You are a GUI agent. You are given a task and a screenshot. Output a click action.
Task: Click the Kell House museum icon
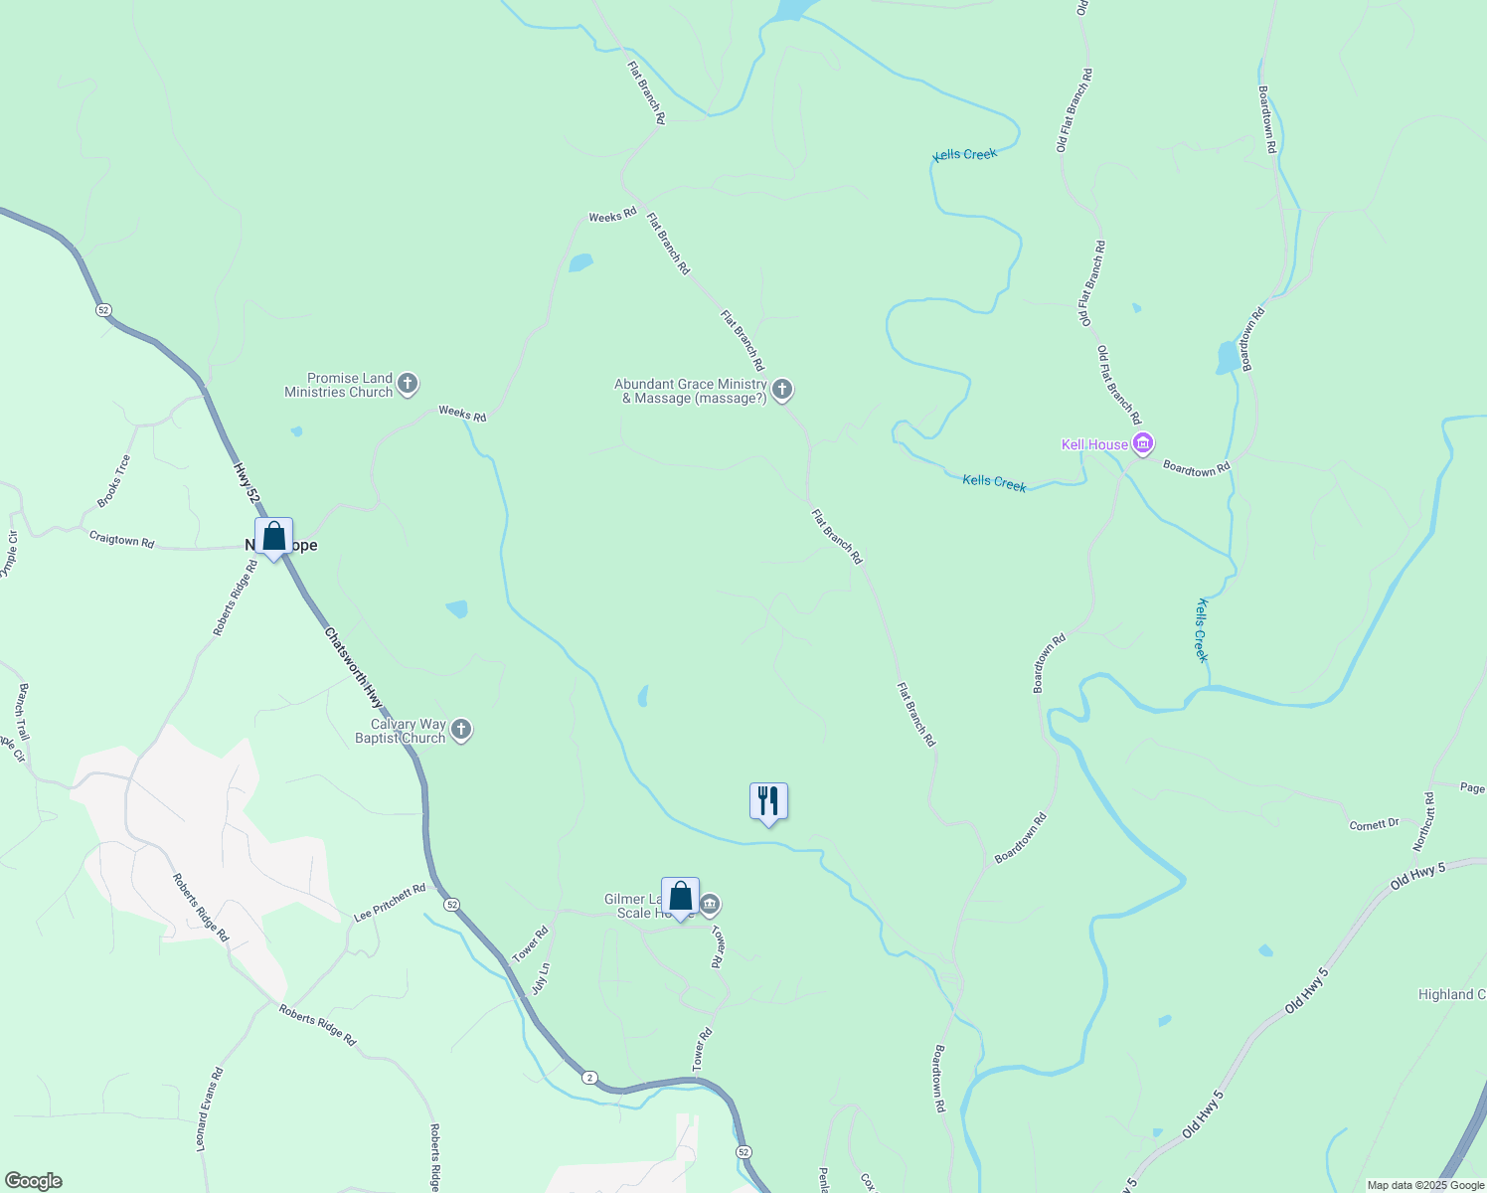1143,443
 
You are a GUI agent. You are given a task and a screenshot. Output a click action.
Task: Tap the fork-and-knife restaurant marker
768,801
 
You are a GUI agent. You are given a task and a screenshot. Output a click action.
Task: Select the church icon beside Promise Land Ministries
407,384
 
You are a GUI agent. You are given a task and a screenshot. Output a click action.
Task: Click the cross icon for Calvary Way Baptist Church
460,730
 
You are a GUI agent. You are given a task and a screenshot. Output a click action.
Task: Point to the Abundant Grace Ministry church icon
782,390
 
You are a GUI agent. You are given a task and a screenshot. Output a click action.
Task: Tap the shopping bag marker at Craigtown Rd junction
273,537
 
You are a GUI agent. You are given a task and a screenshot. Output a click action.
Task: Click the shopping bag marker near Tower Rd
681,897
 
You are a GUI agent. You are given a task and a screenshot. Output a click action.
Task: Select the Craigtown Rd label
121,540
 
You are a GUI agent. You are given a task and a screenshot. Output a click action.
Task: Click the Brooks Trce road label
113,480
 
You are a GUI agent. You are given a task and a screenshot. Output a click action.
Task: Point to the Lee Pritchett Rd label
390,903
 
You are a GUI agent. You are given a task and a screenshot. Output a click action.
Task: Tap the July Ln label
540,978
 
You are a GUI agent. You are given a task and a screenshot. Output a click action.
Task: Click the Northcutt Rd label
1424,821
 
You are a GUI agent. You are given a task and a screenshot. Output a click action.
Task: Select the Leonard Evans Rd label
209,1108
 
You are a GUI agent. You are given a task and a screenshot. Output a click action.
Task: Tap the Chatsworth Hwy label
353,667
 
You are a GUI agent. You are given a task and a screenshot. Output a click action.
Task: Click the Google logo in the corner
33,1181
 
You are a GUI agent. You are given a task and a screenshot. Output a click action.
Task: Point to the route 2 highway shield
589,1078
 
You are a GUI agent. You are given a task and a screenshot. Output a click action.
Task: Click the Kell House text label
1094,444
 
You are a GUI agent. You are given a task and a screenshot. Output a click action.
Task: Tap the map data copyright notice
1424,1185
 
